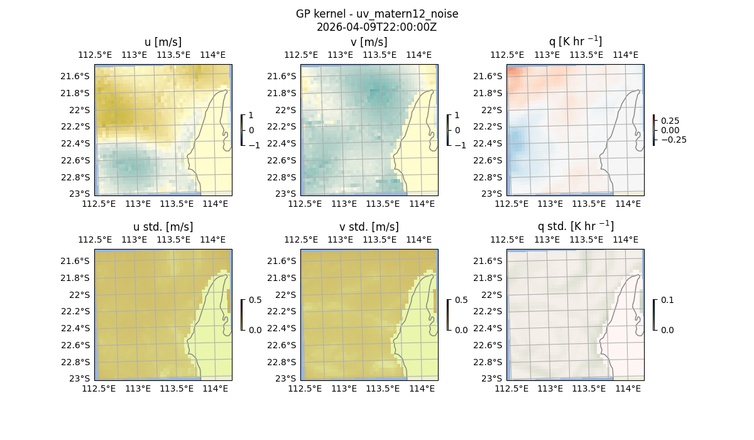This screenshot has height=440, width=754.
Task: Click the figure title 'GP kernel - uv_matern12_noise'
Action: pyautogui.click(x=376, y=14)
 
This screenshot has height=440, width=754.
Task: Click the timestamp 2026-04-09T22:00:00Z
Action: pyautogui.click(x=376, y=27)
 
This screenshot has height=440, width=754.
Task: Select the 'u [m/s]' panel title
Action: pyautogui.click(x=163, y=42)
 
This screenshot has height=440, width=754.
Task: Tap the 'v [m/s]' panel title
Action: pyautogui.click(x=369, y=42)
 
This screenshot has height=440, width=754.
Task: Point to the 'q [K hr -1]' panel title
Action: pyautogui.click(x=575, y=41)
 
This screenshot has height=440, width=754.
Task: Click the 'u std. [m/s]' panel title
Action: pyautogui.click(x=163, y=227)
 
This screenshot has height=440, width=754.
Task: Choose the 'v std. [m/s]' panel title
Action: pyautogui.click(x=369, y=227)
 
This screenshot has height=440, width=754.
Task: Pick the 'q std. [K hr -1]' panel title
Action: pyautogui.click(x=575, y=226)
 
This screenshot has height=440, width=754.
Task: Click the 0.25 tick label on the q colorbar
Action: pyautogui.click(x=670, y=121)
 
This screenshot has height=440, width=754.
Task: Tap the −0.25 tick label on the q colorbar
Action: pyautogui.click(x=673, y=140)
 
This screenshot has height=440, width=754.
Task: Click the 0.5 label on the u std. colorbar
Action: pyautogui.click(x=254, y=300)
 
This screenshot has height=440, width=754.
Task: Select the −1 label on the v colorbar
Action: pyautogui.click(x=460, y=145)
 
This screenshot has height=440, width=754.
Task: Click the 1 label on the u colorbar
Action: pyautogui.click(x=251, y=116)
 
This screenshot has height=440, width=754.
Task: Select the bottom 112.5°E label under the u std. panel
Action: pyautogui.click(x=99, y=389)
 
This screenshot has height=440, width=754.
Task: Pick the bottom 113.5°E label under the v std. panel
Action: pyautogui.click(x=383, y=389)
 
